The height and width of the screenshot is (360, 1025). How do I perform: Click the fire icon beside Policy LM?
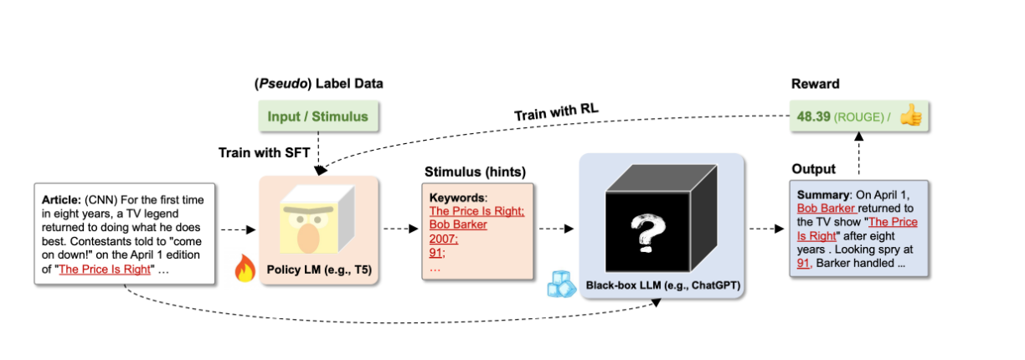(x=245, y=268)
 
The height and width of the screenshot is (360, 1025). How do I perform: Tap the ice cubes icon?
(x=561, y=284)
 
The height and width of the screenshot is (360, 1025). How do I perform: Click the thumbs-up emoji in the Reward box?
(x=911, y=116)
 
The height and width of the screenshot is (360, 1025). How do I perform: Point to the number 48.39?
(x=813, y=116)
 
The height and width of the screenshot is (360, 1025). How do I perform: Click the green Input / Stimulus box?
(x=318, y=116)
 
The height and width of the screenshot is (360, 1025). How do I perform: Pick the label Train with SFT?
(x=264, y=152)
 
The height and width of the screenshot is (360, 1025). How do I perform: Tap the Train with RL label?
(x=556, y=111)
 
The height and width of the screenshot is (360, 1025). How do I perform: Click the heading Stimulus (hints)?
(x=475, y=172)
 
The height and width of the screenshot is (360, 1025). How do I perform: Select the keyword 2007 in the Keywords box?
(x=443, y=239)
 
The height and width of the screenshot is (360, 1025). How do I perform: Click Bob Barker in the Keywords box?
(x=458, y=224)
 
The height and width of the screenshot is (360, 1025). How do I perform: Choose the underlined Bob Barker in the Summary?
(x=826, y=208)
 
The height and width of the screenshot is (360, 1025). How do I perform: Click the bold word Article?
(x=61, y=199)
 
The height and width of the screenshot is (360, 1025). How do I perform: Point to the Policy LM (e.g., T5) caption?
(x=319, y=270)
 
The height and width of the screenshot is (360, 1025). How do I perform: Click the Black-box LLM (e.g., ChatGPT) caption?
(x=662, y=285)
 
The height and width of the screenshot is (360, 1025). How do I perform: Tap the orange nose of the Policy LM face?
(x=308, y=238)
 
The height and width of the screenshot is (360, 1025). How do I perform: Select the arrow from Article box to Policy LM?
(x=238, y=229)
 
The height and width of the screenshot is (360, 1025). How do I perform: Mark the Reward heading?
(x=815, y=84)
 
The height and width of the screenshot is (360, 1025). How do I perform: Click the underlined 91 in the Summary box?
(x=803, y=263)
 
